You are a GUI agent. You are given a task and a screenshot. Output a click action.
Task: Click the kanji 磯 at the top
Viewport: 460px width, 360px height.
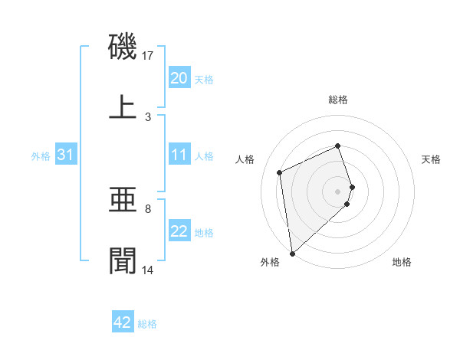123,47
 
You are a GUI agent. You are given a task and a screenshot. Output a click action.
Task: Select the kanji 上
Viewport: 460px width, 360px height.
123,108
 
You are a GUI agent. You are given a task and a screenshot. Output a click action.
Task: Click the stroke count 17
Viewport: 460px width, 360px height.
149,55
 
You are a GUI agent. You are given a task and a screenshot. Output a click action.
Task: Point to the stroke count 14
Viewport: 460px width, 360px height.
149,270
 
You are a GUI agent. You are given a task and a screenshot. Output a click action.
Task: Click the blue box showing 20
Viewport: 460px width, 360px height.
179,78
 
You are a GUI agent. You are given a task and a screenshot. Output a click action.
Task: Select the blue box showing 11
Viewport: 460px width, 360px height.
179,155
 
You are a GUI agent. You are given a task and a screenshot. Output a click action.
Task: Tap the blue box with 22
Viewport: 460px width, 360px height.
179,231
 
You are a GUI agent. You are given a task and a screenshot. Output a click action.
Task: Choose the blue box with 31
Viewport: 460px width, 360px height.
65,155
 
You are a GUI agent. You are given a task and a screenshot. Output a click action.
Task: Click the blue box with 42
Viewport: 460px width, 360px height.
123,322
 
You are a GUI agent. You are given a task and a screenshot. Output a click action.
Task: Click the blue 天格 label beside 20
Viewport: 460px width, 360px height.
204,79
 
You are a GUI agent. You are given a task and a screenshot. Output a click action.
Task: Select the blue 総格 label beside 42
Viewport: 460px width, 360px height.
147,324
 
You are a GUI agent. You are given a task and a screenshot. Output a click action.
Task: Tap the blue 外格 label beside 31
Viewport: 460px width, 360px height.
41,155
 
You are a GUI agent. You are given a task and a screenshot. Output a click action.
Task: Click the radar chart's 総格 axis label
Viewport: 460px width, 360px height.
338,100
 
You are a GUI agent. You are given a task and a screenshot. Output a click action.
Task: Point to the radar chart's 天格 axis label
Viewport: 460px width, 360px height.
432,159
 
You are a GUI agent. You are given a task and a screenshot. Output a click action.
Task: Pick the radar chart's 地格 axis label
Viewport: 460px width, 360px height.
402,262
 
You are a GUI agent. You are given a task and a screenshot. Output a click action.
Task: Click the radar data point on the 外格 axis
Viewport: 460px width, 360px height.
292,254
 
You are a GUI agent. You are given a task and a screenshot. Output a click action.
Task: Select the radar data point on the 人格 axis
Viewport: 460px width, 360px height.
280,172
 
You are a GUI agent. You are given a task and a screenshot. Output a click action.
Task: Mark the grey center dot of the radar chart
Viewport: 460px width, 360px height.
338,191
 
